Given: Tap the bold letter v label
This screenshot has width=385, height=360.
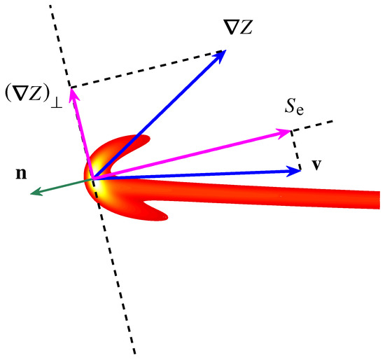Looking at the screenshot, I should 318,167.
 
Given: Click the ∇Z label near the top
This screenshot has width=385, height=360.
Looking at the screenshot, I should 236,27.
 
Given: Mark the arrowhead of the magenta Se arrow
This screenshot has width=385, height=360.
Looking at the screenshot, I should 286,132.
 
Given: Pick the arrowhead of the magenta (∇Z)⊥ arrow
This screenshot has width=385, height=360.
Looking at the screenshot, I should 71,91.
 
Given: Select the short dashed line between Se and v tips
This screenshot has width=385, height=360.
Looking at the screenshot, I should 297,148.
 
